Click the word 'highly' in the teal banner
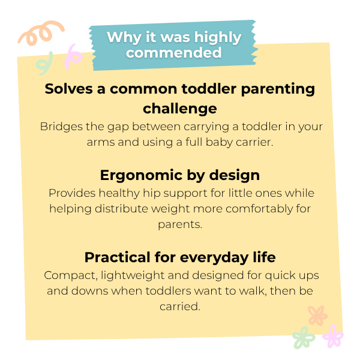click(x=218, y=38)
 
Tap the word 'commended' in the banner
click(x=174, y=53)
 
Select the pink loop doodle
click(x=73, y=56)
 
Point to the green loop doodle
click(x=45, y=64)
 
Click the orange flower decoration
click(x=317, y=316)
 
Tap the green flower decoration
click(x=304, y=337)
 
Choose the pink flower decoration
click(x=332, y=336)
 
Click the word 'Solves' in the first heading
click(x=68, y=89)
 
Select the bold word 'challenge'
click(x=180, y=109)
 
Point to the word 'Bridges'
click(x=61, y=127)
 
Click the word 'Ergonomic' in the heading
click(x=141, y=176)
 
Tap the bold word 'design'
click(x=235, y=175)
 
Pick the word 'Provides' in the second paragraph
click(x=72, y=193)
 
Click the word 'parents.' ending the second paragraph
click(x=180, y=225)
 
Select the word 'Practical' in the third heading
click(x=117, y=257)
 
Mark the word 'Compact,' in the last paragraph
click(x=71, y=275)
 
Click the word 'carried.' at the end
click(x=180, y=307)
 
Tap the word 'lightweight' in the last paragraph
click(x=133, y=275)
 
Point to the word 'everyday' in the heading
click(x=214, y=258)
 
